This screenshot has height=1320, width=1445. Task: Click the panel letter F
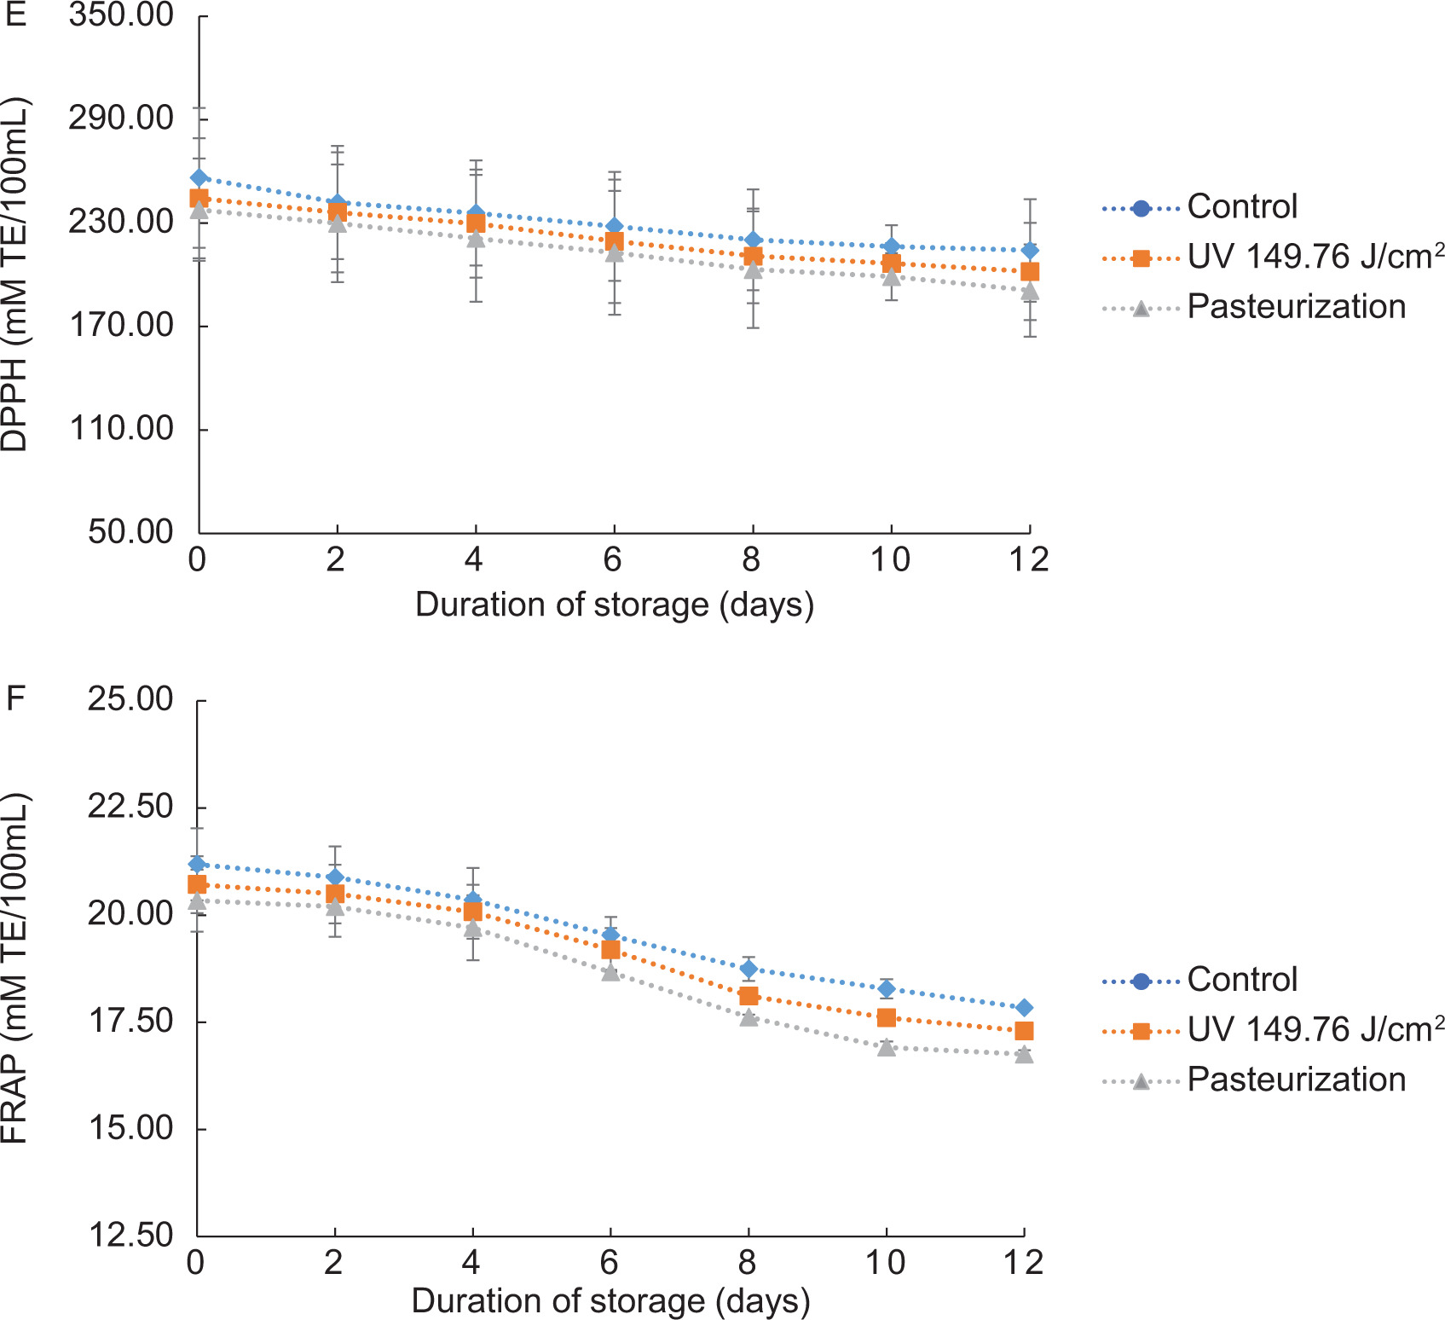(15, 699)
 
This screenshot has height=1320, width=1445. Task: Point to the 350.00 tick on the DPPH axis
(121, 15)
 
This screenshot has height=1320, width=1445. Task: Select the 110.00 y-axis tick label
(121, 428)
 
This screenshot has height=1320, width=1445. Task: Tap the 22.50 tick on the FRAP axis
(130, 807)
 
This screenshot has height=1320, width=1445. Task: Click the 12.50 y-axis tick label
(130, 1235)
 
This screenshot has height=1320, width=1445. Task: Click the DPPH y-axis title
(15, 275)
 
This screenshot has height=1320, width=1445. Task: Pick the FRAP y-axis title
(15, 968)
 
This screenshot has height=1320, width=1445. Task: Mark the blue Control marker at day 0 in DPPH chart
(199, 178)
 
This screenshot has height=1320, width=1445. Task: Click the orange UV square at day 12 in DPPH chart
(1030, 272)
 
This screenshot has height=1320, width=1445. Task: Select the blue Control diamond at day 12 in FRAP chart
(1024, 1008)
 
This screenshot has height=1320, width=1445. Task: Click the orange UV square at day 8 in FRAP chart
(749, 996)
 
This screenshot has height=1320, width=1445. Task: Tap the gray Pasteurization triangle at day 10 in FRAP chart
(887, 1047)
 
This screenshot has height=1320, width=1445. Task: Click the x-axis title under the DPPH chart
(614, 605)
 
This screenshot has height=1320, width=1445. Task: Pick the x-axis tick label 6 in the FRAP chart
(610, 1261)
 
